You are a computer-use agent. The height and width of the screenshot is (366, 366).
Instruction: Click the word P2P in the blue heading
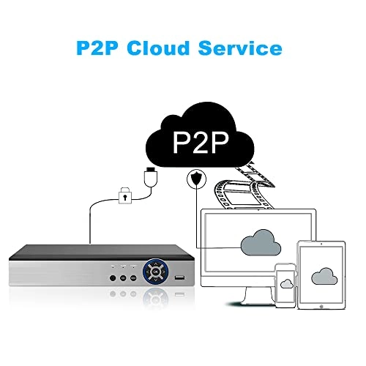click(x=97, y=48)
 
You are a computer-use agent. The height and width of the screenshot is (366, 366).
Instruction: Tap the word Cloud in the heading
click(x=158, y=48)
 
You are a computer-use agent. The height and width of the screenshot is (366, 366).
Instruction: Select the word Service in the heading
click(x=240, y=48)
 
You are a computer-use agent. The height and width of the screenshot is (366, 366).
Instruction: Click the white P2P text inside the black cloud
click(x=201, y=143)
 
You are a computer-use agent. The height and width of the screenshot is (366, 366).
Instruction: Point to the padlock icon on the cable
click(x=125, y=195)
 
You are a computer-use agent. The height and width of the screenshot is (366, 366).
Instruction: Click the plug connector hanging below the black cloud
click(x=151, y=177)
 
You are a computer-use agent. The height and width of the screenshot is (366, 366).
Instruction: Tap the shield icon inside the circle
click(x=196, y=179)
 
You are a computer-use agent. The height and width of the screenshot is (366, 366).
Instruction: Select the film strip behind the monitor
click(x=244, y=188)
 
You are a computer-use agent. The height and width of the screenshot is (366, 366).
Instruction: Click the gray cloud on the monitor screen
click(x=261, y=242)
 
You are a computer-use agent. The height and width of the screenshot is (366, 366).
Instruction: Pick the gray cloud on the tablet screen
click(x=324, y=276)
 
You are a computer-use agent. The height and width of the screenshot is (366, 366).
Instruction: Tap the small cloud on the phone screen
click(x=287, y=283)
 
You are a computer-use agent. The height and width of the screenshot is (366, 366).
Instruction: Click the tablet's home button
click(x=321, y=306)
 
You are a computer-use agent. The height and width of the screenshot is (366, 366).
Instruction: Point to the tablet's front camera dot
click(x=321, y=244)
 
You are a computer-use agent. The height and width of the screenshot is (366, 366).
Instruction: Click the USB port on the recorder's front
click(x=179, y=277)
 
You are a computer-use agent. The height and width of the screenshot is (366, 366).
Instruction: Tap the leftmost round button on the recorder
click(x=113, y=277)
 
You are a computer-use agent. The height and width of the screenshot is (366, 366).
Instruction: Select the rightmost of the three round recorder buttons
click(x=133, y=277)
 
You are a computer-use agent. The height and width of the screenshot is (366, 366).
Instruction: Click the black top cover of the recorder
click(x=101, y=253)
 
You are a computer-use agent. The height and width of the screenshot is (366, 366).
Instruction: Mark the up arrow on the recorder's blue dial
click(x=155, y=264)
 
